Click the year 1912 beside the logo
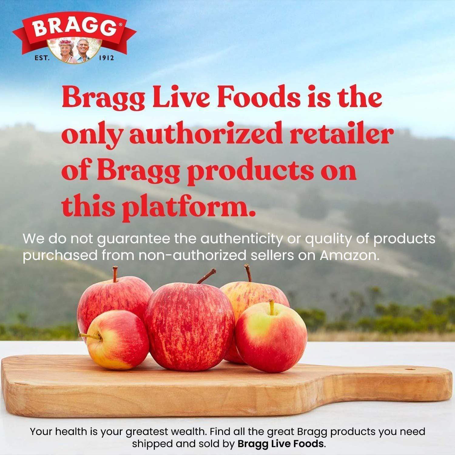(106, 58)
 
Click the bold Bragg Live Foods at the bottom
(281, 444)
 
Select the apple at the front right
(271, 337)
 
